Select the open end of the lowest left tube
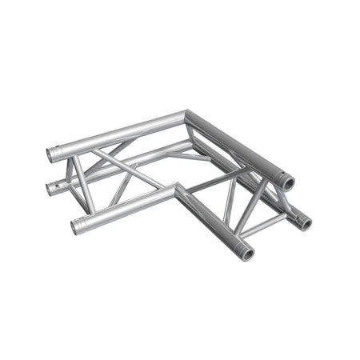pyautogui.click(x=78, y=227)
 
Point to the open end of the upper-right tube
pyautogui.click(x=287, y=183)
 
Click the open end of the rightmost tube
pyautogui.click(x=306, y=222)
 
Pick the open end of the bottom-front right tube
pyautogui.click(x=247, y=254)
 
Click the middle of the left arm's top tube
pyautogui.click(x=120, y=132)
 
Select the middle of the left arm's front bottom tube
pyautogui.click(x=128, y=206)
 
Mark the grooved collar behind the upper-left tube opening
pyautogui.click(x=63, y=150)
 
